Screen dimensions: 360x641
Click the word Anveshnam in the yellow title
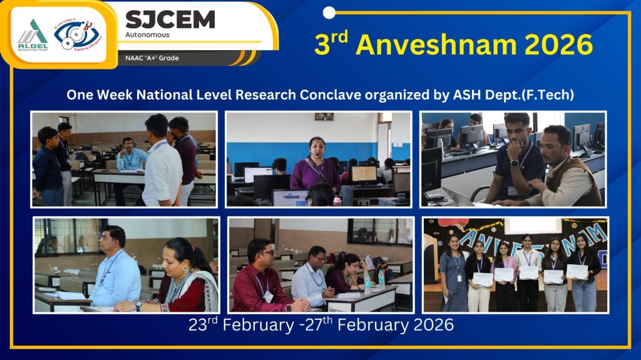439,44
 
